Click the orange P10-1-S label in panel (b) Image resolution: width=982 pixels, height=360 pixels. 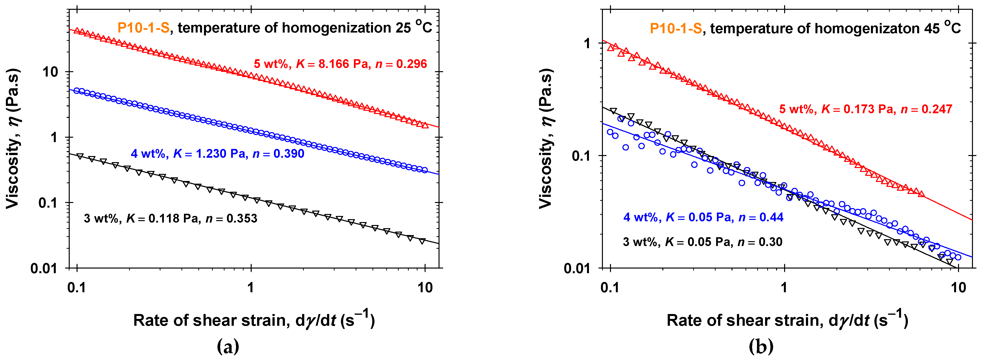tap(676, 28)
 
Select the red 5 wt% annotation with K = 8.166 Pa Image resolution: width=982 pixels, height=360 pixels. tap(340, 64)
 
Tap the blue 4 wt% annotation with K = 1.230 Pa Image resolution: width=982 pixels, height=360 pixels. tap(217, 154)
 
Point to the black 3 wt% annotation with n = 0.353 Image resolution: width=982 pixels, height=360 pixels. tap(170, 218)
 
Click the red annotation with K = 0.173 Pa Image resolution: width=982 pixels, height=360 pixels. tap(865, 110)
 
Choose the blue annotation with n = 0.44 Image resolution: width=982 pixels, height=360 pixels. tap(703, 217)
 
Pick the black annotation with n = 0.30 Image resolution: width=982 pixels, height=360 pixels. tap(703, 242)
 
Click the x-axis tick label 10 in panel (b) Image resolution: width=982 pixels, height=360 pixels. tap(958, 288)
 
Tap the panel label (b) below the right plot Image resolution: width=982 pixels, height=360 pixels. tap(761, 347)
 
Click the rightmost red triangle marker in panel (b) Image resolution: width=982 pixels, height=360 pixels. tap(921, 194)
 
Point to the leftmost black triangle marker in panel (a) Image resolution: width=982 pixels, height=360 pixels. tap(80, 156)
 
